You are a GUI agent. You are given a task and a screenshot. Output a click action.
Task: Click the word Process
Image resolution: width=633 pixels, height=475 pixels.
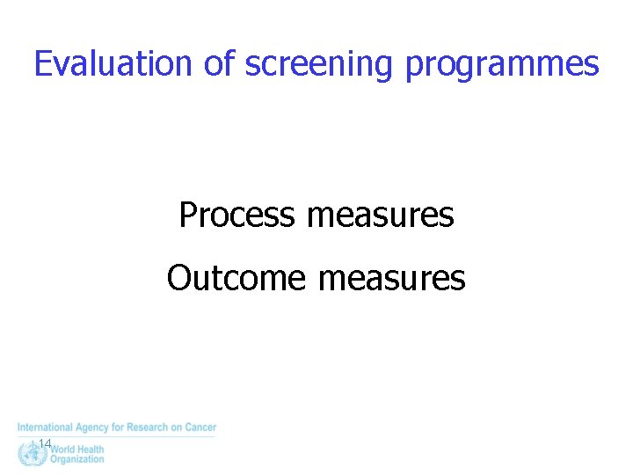click(x=236, y=215)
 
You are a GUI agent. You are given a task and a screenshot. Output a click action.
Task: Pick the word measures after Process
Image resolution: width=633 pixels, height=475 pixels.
click(x=381, y=215)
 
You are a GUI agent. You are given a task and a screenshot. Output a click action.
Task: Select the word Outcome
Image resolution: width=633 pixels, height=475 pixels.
click(x=237, y=278)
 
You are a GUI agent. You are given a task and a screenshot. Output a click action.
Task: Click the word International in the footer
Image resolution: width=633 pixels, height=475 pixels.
click(x=44, y=427)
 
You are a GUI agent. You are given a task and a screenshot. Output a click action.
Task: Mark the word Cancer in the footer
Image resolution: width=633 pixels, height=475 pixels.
click(x=200, y=427)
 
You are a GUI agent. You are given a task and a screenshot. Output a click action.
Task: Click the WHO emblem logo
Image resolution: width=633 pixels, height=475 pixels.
click(x=32, y=454)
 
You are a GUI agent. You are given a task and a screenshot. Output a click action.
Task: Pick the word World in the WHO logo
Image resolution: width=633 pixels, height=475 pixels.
click(x=64, y=449)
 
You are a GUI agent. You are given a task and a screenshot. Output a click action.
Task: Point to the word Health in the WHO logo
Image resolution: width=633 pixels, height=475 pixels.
click(x=91, y=449)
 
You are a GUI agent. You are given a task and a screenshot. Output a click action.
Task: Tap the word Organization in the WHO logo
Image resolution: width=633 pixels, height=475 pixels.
click(x=77, y=459)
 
